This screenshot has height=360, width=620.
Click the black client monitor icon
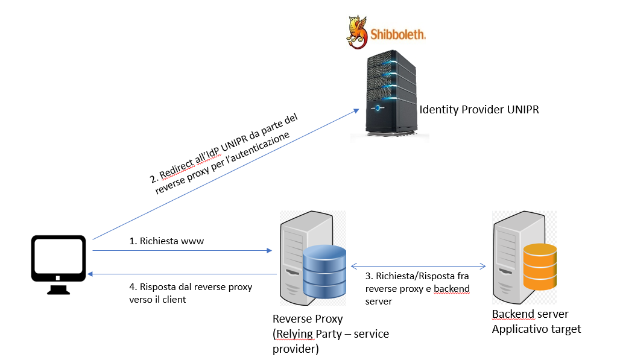pos(59,260)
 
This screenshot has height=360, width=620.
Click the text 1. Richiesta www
pos(167,241)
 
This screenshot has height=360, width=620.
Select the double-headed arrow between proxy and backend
pos(418,265)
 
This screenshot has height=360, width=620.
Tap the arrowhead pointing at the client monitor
pos(90,274)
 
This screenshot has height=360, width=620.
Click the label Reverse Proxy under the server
pos(308,319)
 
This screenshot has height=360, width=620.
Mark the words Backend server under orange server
pos(530,315)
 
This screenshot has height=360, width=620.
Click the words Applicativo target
pos(536,329)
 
